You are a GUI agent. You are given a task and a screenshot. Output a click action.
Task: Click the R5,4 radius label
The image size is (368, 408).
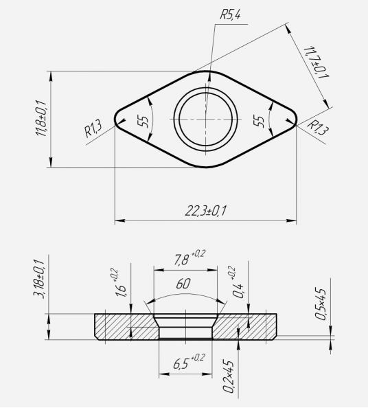231,15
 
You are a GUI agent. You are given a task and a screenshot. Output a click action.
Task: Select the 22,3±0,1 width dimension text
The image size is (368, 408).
206,210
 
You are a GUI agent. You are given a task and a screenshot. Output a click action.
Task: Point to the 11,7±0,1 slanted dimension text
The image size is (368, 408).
316,62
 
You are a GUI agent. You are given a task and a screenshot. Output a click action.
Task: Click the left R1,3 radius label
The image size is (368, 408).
93,128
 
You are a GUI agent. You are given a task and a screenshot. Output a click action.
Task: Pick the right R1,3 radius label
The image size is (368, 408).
317,127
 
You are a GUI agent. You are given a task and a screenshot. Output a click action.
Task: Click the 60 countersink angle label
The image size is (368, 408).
183,284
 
